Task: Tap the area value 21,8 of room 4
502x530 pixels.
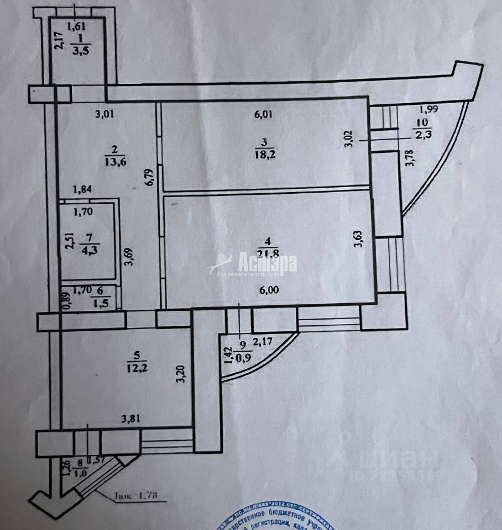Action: (x=268, y=255)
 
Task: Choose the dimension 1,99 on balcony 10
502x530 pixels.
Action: (x=428, y=109)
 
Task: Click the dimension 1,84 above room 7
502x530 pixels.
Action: (x=83, y=189)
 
